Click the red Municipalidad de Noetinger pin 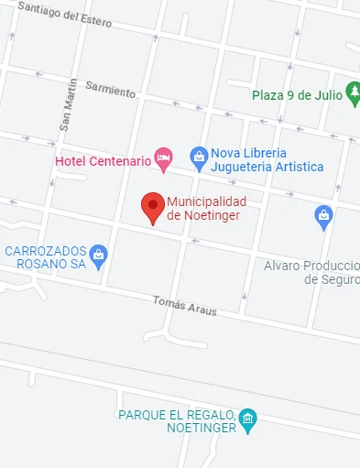pos(153,207)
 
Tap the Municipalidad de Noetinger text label pos(206,209)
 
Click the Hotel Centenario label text pos(103,161)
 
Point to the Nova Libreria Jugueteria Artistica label pos(267,159)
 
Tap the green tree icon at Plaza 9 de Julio pos(353,93)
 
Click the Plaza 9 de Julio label pos(297,94)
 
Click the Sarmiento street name pos(110,90)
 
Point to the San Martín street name pos(67,105)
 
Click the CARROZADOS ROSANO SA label pos(45,256)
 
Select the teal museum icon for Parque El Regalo pos(247,420)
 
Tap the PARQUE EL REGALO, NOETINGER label pos(178,420)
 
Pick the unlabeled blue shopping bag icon pos(322,217)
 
